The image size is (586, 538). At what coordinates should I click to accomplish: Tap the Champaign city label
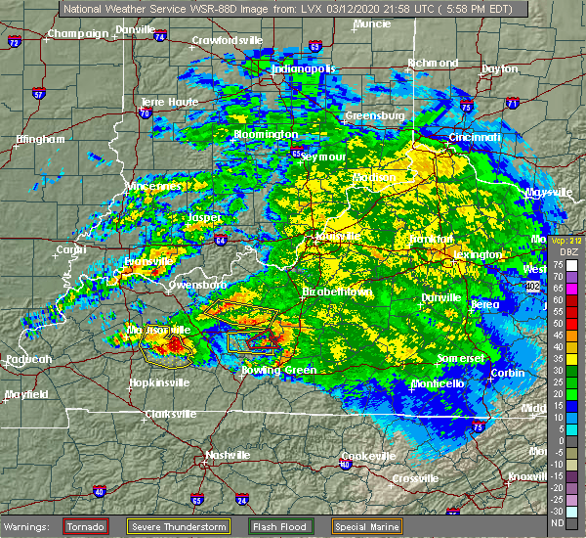(79, 33)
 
